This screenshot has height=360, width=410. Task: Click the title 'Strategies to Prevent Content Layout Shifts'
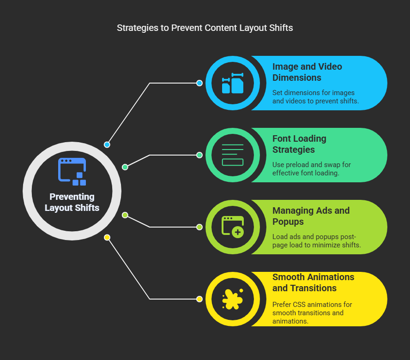click(x=205, y=28)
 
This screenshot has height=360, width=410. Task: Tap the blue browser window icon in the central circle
click(x=72, y=172)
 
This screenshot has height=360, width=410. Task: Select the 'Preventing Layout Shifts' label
click(x=72, y=202)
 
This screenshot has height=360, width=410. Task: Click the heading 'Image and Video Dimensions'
click(x=307, y=72)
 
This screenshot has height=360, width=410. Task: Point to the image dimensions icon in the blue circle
click(x=233, y=83)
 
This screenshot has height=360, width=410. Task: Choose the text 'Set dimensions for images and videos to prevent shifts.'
click(x=316, y=97)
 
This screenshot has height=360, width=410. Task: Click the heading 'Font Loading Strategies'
click(x=299, y=144)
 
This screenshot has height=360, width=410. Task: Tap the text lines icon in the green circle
click(x=233, y=155)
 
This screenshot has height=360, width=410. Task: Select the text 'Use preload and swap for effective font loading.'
click(x=312, y=168)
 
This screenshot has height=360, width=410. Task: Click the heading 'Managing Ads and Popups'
click(x=311, y=216)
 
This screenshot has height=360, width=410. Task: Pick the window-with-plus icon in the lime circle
click(x=233, y=227)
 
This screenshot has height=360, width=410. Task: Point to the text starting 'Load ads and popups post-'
click(x=317, y=241)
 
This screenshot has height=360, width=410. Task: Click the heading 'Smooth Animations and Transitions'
click(x=313, y=282)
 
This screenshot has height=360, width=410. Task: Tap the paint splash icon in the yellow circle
click(x=233, y=299)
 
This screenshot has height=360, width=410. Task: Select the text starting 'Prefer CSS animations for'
click(x=312, y=312)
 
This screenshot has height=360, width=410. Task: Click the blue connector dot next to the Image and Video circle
click(x=199, y=83)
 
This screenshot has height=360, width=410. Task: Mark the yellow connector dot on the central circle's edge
click(x=107, y=237)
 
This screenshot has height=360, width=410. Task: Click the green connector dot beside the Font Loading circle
click(x=199, y=155)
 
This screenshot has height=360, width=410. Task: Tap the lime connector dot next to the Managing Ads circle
click(x=199, y=227)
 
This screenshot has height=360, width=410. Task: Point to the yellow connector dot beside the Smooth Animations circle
click(x=199, y=299)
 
